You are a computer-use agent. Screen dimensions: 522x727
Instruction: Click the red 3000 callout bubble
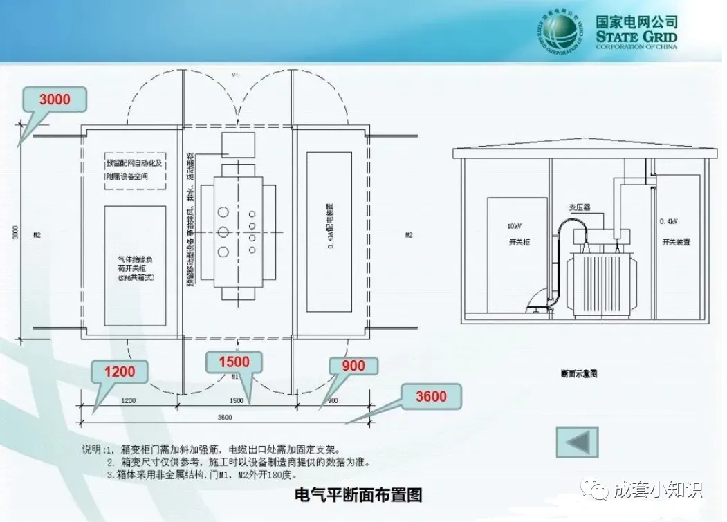(55, 100)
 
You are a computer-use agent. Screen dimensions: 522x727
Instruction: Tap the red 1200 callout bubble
(120, 371)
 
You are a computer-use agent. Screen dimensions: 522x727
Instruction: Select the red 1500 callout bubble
(234, 362)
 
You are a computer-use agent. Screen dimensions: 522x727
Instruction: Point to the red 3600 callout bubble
(431, 397)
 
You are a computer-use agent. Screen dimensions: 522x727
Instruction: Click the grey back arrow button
(577, 442)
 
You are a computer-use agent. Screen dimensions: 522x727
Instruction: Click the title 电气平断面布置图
(358, 495)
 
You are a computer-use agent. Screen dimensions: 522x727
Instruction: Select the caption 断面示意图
(579, 374)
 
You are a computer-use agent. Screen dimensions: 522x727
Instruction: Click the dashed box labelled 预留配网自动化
(136, 170)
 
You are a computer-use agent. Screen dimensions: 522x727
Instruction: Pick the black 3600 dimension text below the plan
(224, 417)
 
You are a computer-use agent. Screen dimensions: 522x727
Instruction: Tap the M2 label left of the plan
(37, 235)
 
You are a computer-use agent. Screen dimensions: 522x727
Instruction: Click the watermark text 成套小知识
(658, 490)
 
